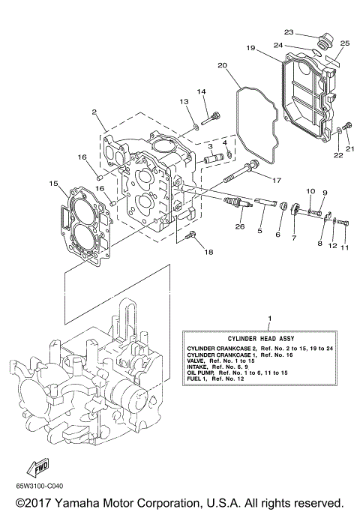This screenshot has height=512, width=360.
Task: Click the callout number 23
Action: pos(288,31)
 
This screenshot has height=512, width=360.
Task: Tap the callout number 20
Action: pos(222,65)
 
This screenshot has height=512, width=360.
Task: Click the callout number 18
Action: pos(208,252)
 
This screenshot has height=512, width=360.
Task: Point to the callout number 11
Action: pos(345,247)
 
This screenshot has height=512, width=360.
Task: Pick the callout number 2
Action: pos(94,112)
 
